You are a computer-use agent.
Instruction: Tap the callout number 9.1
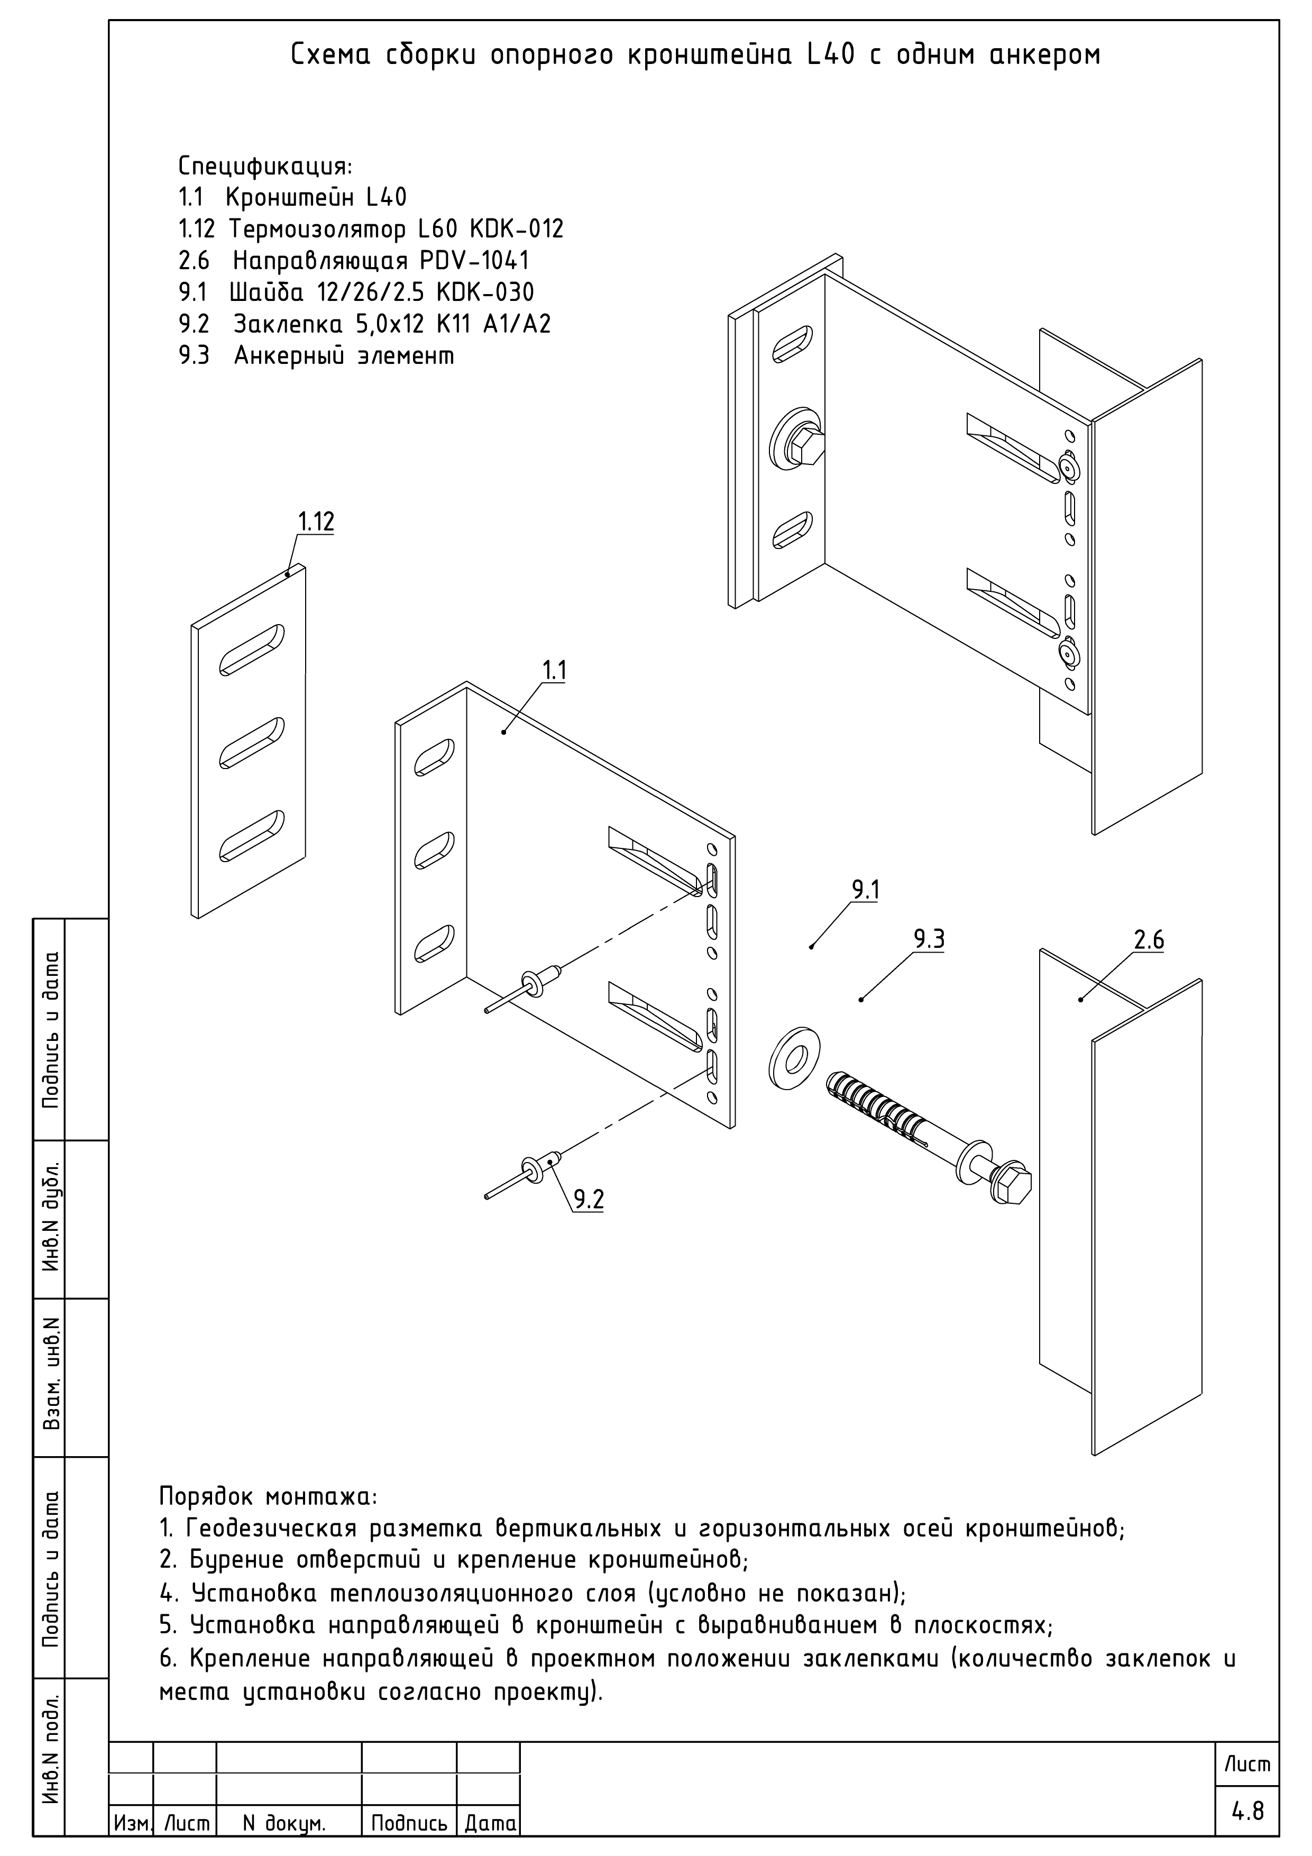pos(866,891)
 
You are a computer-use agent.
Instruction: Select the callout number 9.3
pos(930,939)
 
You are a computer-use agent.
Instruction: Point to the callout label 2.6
pos(1149,940)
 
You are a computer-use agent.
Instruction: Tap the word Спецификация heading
pos(265,167)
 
